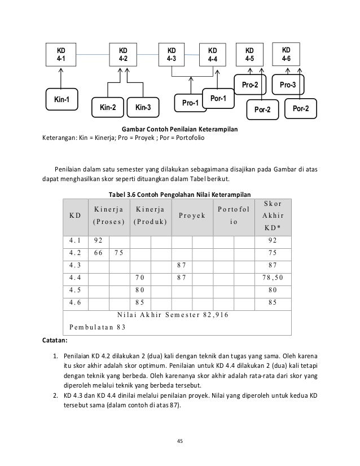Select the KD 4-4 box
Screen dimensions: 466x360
click(212, 54)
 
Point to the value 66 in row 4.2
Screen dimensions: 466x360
click(98, 253)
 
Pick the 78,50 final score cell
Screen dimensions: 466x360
click(273, 278)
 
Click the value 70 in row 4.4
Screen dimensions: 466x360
click(141, 278)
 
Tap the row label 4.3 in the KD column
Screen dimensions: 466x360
click(74, 265)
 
